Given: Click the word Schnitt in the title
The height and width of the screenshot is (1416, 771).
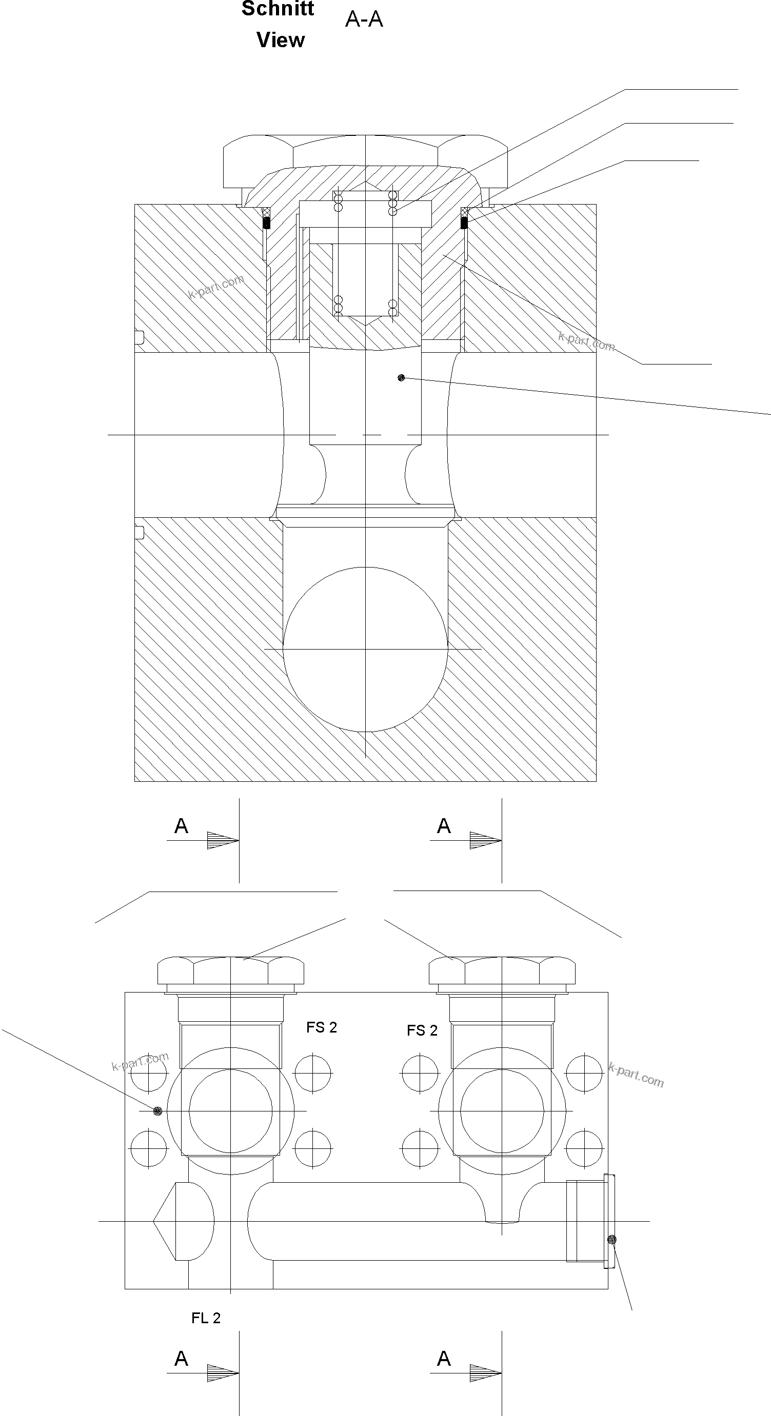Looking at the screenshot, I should click(x=278, y=9).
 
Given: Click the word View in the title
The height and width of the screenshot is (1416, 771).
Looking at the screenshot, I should click(x=281, y=40).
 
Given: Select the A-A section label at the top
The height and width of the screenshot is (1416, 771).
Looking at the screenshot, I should click(x=364, y=20).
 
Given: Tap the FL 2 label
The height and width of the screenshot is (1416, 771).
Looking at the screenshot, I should click(x=206, y=1318).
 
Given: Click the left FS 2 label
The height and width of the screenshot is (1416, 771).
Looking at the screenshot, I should click(x=322, y=1027).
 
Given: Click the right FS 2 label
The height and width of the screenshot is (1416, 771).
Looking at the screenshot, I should click(x=422, y=1030).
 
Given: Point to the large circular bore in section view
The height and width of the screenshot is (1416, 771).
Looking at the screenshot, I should click(x=365, y=649).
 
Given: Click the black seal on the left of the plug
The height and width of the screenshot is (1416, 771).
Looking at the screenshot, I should click(x=267, y=223).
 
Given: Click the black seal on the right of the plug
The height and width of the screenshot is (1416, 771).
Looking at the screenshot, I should click(x=464, y=222).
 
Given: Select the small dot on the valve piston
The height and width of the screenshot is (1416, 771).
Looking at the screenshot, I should click(x=402, y=378).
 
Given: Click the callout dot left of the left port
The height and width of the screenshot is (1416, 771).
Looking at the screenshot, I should click(x=158, y=1111).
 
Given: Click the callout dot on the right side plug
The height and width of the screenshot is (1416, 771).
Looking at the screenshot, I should click(x=612, y=1239).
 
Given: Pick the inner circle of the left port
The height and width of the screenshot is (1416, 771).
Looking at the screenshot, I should click(x=230, y=1111).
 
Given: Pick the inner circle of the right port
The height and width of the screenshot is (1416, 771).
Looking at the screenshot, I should click(x=502, y=1111).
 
